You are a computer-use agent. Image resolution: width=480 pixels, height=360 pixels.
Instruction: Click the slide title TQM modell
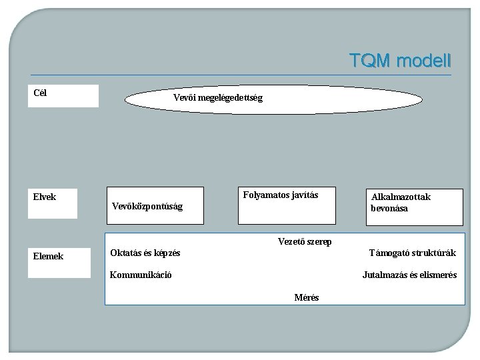(x=400, y=61)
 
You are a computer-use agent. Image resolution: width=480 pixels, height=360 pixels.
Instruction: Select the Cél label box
(x=63, y=95)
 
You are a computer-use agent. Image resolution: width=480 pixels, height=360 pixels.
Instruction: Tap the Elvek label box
(x=52, y=203)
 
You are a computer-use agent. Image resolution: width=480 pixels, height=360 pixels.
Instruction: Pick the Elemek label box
(x=59, y=262)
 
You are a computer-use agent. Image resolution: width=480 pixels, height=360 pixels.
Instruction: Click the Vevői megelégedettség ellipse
(x=273, y=99)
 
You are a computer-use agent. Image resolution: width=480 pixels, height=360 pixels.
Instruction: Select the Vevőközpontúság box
(x=156, y=206)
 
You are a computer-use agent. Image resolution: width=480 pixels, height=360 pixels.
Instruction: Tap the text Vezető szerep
(x=304, y=241)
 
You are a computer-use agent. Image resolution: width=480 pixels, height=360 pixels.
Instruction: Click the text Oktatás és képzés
(x=145, y=253)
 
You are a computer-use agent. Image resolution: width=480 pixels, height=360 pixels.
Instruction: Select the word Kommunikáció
(x=141, y=275)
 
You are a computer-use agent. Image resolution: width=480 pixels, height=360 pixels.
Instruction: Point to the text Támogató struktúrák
(x=413, y=253)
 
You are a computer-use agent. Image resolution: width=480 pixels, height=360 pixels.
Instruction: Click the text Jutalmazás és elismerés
(x=409, y=275)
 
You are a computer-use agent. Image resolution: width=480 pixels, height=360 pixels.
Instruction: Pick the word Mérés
(x=307, y=297)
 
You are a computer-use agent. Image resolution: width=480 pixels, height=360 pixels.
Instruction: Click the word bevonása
(x=389, y=209)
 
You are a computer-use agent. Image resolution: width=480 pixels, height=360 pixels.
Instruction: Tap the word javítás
(x=304, y=195)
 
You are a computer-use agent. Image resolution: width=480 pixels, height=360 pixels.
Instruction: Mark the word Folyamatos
(x=265, y=195)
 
